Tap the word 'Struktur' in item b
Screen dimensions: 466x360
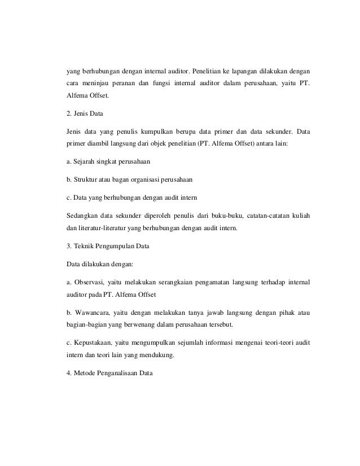[x=85, y=180]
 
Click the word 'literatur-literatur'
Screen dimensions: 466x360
[x=100, y=228]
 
